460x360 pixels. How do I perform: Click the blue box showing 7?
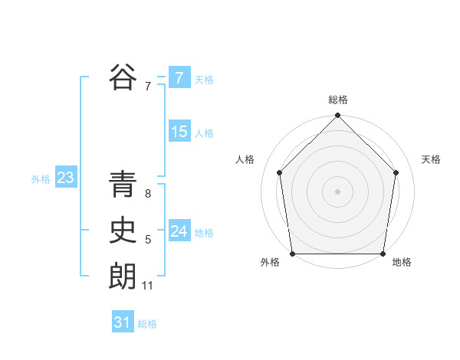click(x=179, y=78)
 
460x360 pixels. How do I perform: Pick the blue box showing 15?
click(x=179, y=132)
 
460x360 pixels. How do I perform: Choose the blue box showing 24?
click(x=179, y=231)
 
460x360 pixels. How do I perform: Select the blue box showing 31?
click(x=123, y=322)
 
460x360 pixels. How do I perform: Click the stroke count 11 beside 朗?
click(x=148, y=286)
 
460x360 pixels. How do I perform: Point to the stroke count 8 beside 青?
click(x=147, y=194)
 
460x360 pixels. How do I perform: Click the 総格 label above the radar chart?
click(x=338, y=100)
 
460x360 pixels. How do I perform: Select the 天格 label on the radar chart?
click(x=432, y=159)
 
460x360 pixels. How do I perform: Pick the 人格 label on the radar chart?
click(x=245, y=159)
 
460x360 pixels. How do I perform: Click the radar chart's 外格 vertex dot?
click(x=292, y=254)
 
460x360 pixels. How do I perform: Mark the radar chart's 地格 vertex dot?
click(x=383, y=254)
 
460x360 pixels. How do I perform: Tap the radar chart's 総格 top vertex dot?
click(x=338, y=116)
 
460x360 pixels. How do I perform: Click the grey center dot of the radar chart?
click(x=338, y=190)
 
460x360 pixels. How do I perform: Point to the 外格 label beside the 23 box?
click(x=41, y=179)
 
